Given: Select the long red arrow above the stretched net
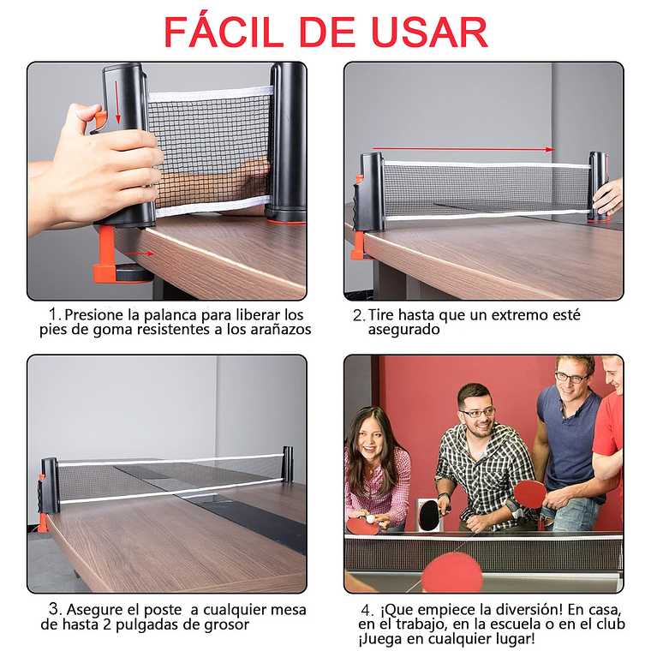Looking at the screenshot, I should coord(463,149).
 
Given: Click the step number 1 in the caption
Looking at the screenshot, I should coord(55,315).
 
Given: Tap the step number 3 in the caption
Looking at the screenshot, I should coord(55,610).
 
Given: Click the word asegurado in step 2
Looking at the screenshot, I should coord(403,330).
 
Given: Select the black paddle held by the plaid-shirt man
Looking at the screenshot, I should coord(428,516).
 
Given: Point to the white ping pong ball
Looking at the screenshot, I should coord(370,518).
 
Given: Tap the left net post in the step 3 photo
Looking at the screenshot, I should coord(50,487).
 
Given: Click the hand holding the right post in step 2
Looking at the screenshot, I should coord(609,197).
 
